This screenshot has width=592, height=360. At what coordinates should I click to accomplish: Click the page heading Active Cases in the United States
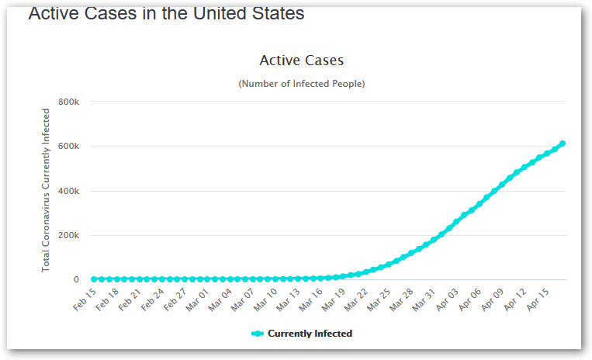pyautogui.click(x=166, y=13)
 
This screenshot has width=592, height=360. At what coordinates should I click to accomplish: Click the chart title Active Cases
pyautogui.click(x=301, y=61)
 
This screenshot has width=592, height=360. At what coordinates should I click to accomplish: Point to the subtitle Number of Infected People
pyautogui.click(x=301, y=83)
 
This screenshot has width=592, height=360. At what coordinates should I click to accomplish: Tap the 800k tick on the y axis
pyautogui.click(x=69, y=102)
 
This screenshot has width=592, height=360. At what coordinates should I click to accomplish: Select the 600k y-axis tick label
pyautogui.click(x=69, y=146)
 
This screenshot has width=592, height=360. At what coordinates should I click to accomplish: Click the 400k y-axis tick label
pyautogui.click(x=69, y=191)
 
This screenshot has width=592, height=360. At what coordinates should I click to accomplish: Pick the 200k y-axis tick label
pyautogui.click(x=69, y=235)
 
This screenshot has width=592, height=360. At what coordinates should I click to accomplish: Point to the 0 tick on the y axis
pyautogui.click(x=76, y=280)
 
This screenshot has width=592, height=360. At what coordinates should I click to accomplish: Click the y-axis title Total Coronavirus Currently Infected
pyautogui.click(x=46, y=190)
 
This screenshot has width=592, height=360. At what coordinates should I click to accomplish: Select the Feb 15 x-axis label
pyautogui.click(x=85, y=299)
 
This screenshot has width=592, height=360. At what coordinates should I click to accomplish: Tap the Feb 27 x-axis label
pyautogui.click(x=175, y=299)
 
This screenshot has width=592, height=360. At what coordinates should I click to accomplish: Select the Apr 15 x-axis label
pyautogui.click(x=539, y=299)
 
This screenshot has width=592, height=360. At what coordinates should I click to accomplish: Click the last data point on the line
pyautogui.click(x=562, y=144)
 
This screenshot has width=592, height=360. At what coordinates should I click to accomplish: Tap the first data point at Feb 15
pyautogui.click(x=94, y=279)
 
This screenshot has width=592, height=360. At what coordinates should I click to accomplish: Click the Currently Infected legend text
pyautogui.click(x=310, y=334)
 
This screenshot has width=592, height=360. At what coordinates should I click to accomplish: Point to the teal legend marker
pyautogui.click(x=258, y=334)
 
